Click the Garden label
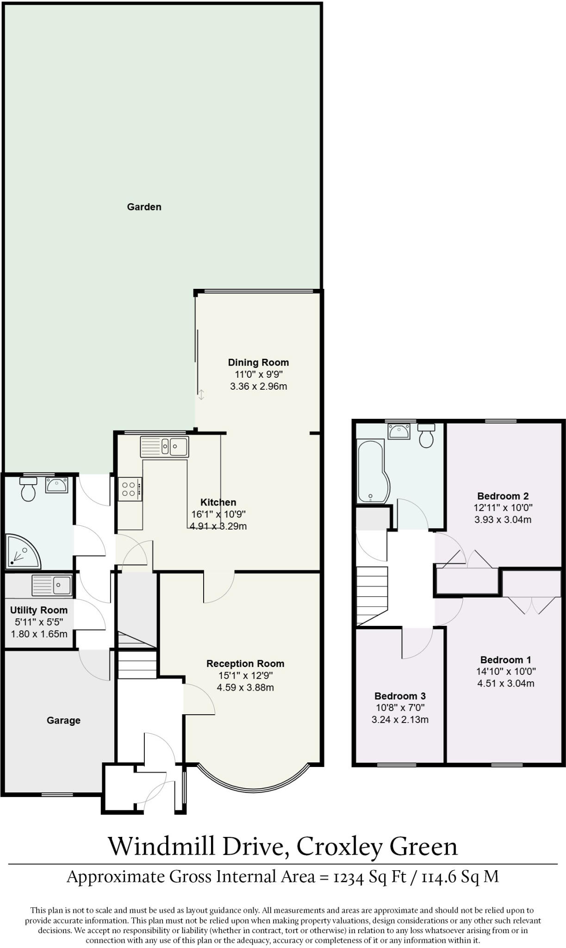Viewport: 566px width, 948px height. click(x=144, y=207)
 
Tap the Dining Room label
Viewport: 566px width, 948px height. click(x=258, y=362)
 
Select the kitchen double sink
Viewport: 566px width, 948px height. click(x=164, y=447)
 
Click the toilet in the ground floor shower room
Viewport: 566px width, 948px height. click(x=29, y=490)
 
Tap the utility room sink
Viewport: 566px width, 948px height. click(x=52, y=586)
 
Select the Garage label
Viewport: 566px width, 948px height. click(x=63, y=720)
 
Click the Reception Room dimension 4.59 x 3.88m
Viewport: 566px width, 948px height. click(x=245, y=687)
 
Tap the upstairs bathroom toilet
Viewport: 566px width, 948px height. click(x=426, y=435)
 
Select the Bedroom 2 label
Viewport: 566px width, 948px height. click(x=503, y=496)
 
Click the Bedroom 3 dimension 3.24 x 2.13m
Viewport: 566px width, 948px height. click(x=400, y=719)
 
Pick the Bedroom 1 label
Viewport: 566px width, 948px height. click(x=505, y=660)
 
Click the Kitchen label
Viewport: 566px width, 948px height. click(x=218, y=502)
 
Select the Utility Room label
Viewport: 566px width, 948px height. click(x=39, y=610)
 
